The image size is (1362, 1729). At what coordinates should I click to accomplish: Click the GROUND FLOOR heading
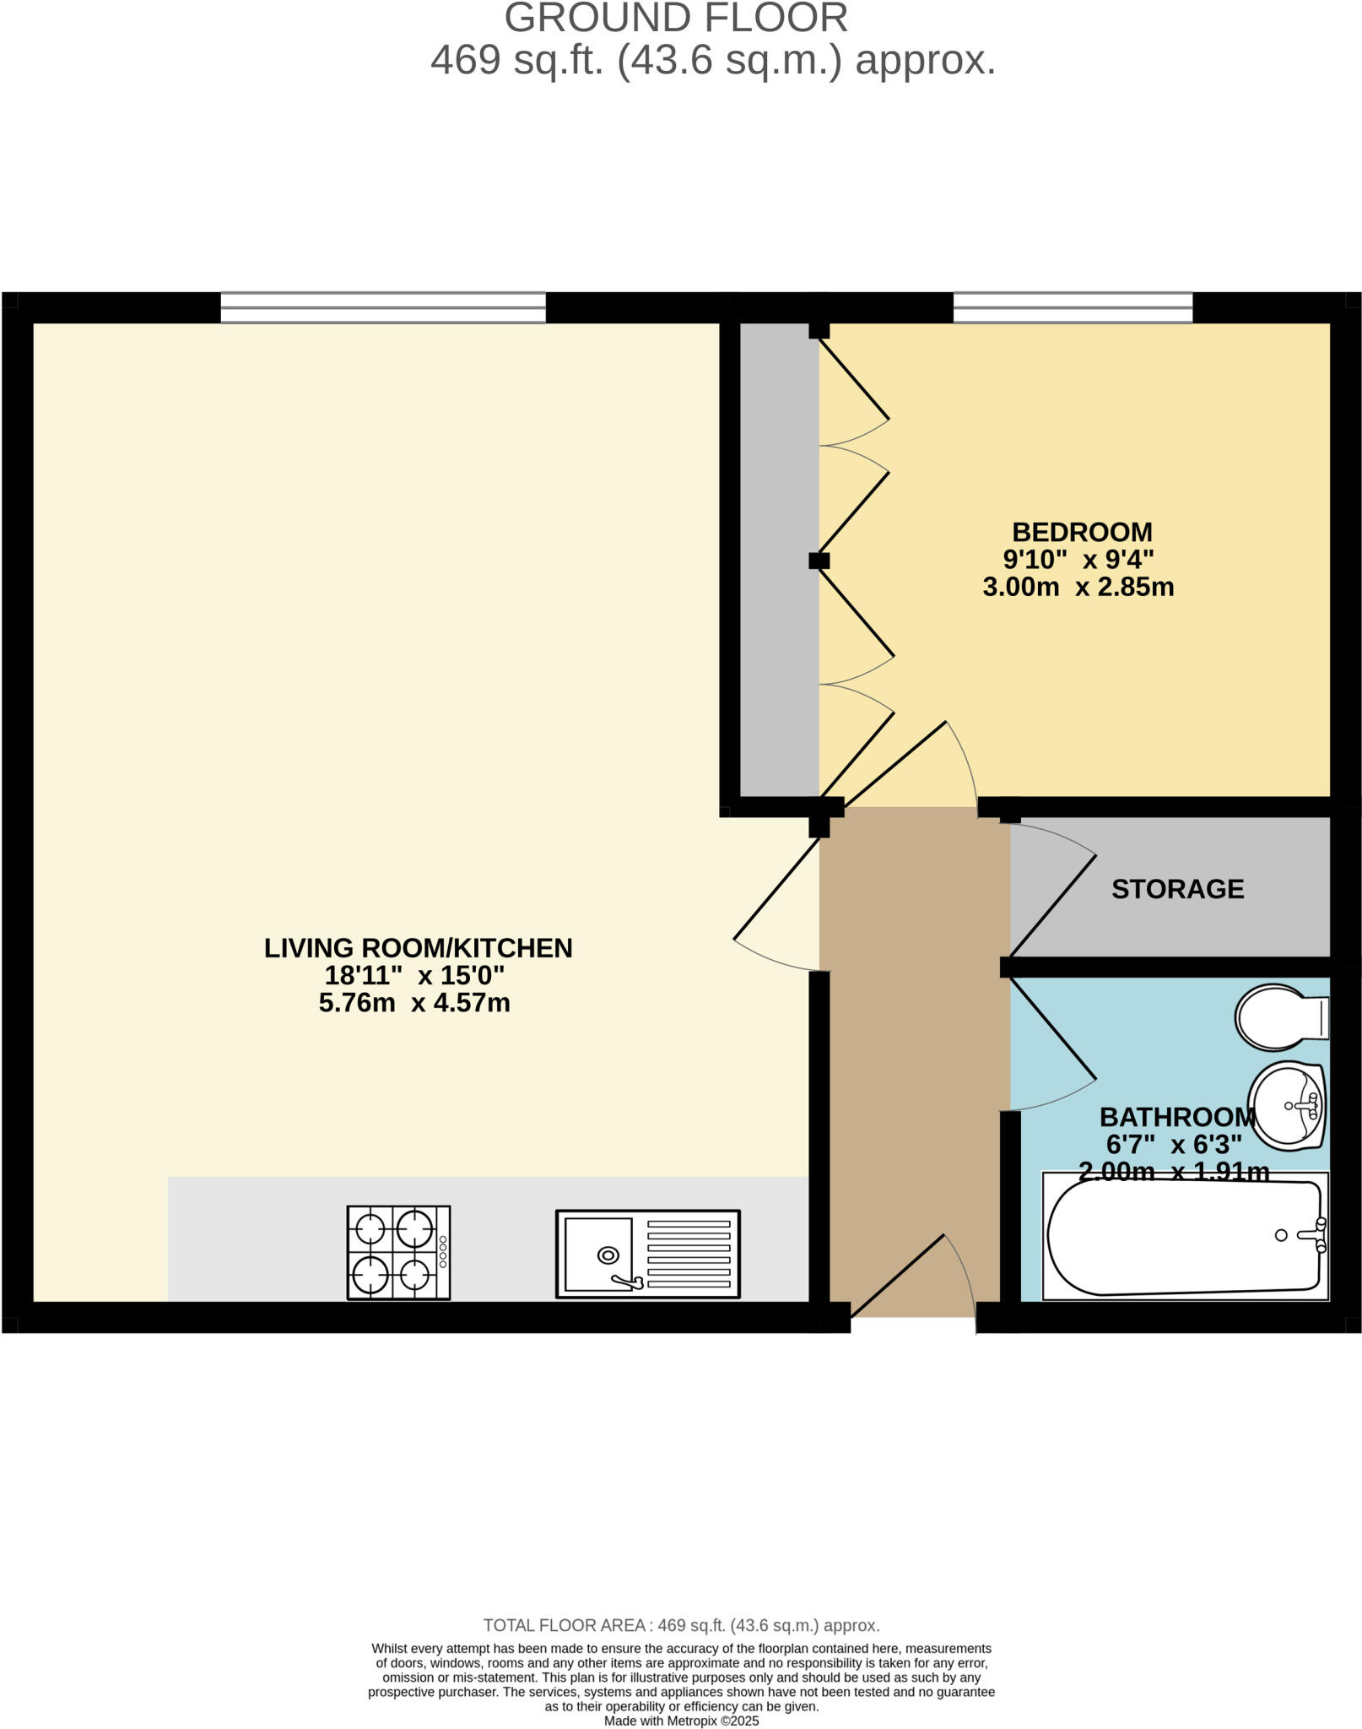click(x=676, y=19)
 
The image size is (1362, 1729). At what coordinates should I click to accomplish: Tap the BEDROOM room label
click(x=1082, y=532)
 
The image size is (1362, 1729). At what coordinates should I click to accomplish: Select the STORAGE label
click(x=1177, y=889)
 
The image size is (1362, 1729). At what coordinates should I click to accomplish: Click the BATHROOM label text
click(x=1177, y=1117)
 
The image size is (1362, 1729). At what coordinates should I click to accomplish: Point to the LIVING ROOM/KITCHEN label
click(x=418, y=948)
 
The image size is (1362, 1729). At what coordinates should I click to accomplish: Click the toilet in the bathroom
click(x=1281, y=1017)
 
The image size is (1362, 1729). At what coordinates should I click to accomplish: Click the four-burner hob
click(x=398, y=1252)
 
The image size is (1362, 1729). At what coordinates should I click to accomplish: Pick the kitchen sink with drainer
click(x=647, y=1254)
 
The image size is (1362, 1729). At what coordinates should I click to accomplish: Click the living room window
click(x=383, y=307)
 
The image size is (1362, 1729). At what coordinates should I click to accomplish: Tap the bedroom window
click(x=1073, y=307)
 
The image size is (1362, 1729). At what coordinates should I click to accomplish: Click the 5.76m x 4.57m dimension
click(x=414, y=1003)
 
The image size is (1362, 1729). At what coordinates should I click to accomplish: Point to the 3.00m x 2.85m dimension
click(x=1078, y=587)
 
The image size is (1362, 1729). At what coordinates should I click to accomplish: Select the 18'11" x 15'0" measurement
click(x=414, y=976)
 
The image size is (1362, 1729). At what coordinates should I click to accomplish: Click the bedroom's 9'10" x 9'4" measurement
click(x=1078, y=559)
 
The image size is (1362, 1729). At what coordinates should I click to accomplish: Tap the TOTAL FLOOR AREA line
click(x=681, y=1625)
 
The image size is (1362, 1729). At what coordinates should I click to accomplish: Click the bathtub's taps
click(x=1316, y=1235)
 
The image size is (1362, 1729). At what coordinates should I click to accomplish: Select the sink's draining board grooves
click(x=688, y=1254)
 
